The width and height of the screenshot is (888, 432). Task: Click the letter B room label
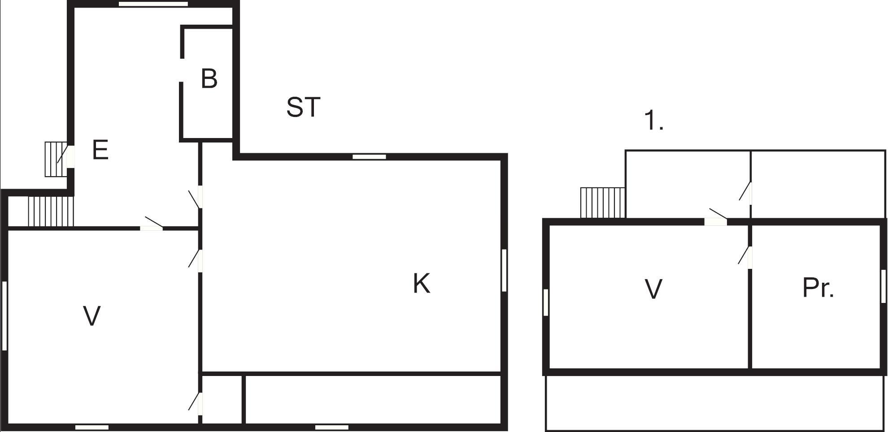209,79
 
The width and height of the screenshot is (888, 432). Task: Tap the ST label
303,108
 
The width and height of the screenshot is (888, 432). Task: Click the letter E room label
100,150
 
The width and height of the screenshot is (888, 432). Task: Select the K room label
421,284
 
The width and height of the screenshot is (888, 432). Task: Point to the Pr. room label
818,288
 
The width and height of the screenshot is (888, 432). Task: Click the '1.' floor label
653,121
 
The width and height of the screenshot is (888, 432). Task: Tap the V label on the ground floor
92,316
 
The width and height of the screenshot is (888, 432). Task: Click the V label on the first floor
653,289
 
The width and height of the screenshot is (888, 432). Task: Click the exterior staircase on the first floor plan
602,203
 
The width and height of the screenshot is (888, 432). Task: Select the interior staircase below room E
50,211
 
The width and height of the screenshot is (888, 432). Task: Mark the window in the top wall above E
153,4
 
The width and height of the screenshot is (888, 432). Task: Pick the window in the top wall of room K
369,156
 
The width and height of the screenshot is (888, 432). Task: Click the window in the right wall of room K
504,270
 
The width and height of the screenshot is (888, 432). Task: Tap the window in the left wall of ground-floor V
4,315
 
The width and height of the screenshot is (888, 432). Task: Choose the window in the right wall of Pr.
884,286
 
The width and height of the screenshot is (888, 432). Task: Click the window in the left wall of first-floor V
546,302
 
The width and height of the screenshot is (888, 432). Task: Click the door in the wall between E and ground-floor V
152,228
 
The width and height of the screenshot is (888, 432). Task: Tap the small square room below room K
222,398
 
